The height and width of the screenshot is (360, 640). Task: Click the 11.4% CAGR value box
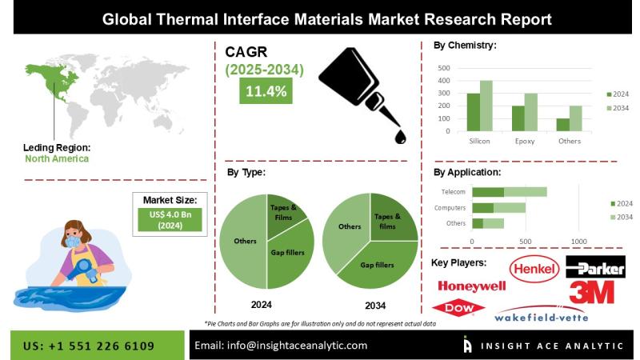click(x=266, y=90)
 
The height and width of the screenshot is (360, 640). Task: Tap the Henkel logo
click(x=534, y=268)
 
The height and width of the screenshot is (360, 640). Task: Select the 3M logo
click(x=591, y=292)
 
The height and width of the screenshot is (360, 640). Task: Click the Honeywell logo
click(x=471, y=286)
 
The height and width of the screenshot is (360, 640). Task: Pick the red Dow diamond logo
click(x=458, y=308)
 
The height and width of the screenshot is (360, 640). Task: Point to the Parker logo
click(x=595, y=267)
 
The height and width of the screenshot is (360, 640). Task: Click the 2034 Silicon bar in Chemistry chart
click(x=486, y=106)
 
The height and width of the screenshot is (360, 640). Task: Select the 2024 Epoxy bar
click(x=518, y=118)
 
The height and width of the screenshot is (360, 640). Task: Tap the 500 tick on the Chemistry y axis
click(x=444, y=68)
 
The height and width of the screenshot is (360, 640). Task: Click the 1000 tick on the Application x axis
click(x=578, y=242)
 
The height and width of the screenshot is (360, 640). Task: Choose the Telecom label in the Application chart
click(x=453, y=191)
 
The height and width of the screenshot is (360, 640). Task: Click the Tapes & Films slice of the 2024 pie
click(x=283, y=214)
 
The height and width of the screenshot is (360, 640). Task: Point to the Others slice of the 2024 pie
click(x=243, y=242)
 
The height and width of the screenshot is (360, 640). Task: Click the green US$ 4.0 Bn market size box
click(x=170, y=219)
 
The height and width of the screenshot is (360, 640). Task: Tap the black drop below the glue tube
click(x=400, y=137)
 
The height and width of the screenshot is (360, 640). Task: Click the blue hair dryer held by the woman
click(x=85, y=269)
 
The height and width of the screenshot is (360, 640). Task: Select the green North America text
click(x=57, y=158)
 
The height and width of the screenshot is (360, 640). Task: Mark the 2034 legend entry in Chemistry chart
click(x=618, y=108)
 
